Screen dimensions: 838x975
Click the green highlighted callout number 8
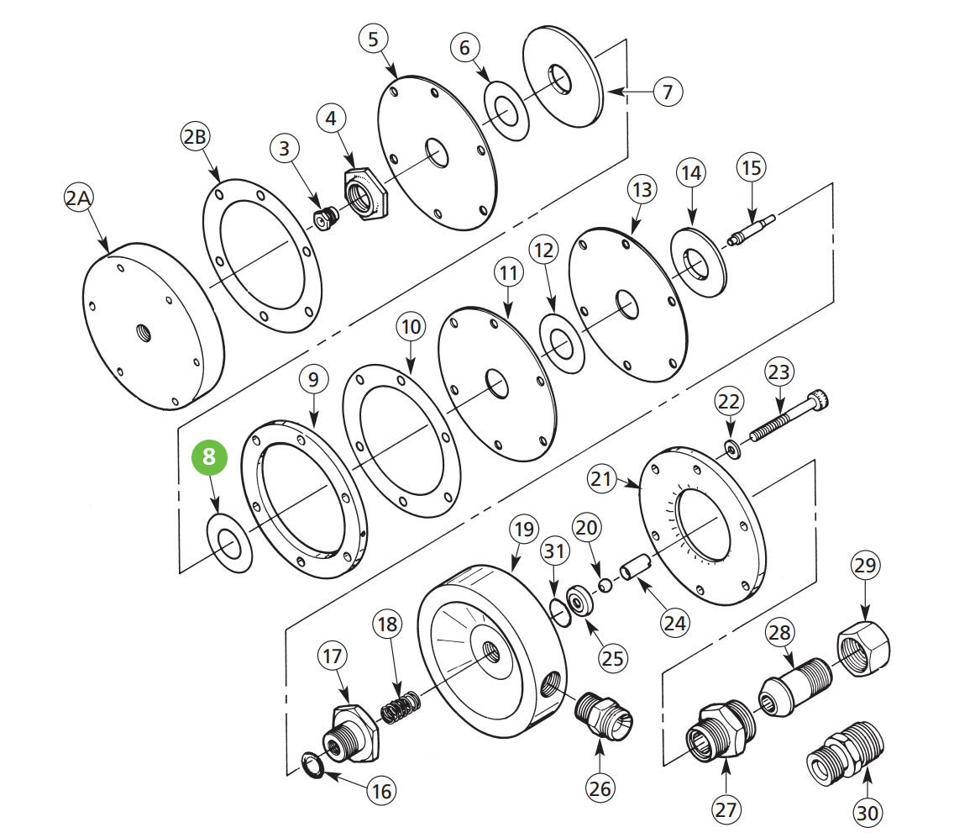point(210,458)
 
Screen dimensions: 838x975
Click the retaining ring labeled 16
point(312,766)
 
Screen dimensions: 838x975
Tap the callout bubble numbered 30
point(868,813)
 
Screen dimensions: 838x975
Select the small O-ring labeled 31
point(558,607)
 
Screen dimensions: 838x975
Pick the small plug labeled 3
point(323,219)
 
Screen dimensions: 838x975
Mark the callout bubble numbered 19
point(523,530)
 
